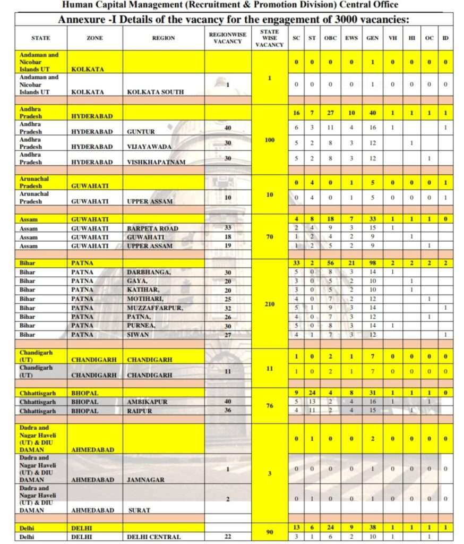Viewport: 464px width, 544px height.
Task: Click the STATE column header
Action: coord(41,38)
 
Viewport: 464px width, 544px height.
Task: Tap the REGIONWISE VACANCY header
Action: coord(227,38)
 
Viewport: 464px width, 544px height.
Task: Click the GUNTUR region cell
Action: coord(141,132)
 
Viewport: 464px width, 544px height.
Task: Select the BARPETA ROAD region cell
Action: coord(152,228)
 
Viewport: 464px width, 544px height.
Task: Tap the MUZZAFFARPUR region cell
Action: coord(155,308)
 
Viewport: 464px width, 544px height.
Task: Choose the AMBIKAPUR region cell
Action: coord(148,402)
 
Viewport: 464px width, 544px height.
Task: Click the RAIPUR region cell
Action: coord(140,411)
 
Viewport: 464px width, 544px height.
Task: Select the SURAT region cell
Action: coord(140,510)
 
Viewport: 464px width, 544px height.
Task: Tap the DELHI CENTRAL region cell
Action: coord(153,537)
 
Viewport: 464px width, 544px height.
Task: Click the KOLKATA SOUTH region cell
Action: coord(155,92)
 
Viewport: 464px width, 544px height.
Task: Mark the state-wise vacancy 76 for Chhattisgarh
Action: coord(269,406)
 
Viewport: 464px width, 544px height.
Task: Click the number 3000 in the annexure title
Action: coord(317,20)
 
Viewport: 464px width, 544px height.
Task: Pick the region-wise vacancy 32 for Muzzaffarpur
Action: coord(227,308)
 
